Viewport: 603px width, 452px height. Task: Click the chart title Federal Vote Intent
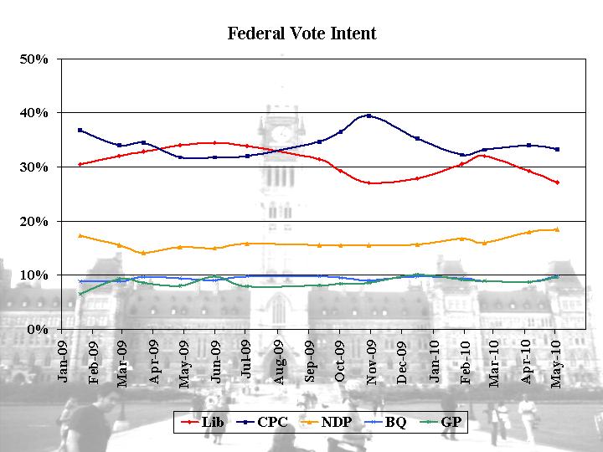pyautogui.click(x=301, y=33)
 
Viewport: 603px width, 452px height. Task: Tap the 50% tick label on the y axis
pyautogui.click(x=34, y=59)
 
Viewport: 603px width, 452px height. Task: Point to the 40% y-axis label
pyautogui.click(x=34, y=113)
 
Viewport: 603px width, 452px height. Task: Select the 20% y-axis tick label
pyautogui.click(x=34, y=221)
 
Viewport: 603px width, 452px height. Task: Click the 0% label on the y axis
pyautogui.click(x=38, y=329)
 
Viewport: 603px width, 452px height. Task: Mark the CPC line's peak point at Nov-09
pyautogui.click(x=369, y=116)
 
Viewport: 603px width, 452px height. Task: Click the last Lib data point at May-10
pyautogui.click(x=557, y=182)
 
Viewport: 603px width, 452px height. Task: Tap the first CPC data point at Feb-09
pyautogui.click(x=80, y=130)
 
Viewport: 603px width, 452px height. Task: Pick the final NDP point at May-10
pyautogui.click(x=557, y=229)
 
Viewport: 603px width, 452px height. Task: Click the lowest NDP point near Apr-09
pyautogui.click(x=143, y=253)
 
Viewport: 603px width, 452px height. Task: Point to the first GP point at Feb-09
pyautogui.click(x=80, y=294)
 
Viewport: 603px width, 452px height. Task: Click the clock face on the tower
pyautogui.click(x=282, y=132)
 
